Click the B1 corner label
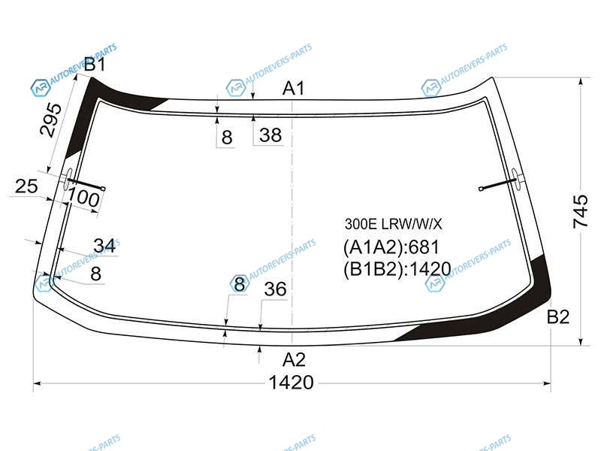[x=95, y=64]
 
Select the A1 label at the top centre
[x=293, y=88]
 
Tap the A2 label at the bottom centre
[x=294, y=360]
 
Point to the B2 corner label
[x=558, y=316]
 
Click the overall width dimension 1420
[x=291, y=383]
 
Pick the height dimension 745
[x=580, y=211]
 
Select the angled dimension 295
[x=50, y=120]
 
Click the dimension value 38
[x=270, y=135]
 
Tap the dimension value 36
[x=275, y=289]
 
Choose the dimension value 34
[x=104, y=246]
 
